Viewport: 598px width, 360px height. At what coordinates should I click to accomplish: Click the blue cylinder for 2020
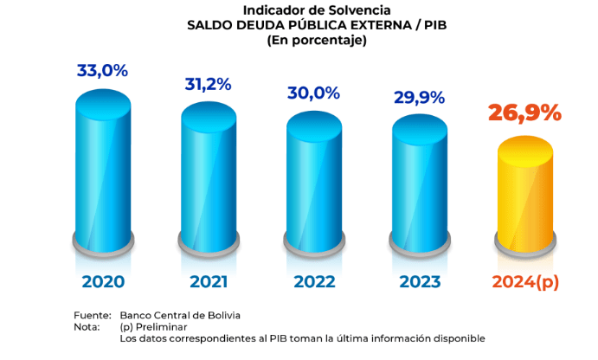(103, 173)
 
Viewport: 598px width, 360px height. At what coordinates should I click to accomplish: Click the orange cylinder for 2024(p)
(524, 195)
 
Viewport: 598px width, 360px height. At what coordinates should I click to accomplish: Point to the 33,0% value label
(102, 71)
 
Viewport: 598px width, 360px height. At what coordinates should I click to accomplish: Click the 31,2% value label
(208, 84)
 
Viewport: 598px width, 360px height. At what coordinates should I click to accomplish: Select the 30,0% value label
(314, 93)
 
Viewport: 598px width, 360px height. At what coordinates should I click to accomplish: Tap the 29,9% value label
(420, 96)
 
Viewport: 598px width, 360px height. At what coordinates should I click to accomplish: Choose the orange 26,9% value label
(524, 113)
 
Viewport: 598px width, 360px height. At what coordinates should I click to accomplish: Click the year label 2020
(103, 282)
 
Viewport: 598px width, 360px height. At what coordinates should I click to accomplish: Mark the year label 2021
(209, 282)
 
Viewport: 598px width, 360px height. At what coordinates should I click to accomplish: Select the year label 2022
(314, 282)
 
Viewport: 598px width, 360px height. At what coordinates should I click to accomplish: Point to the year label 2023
(420, 282)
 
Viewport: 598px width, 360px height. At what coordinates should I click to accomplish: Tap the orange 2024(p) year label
(525, 282)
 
